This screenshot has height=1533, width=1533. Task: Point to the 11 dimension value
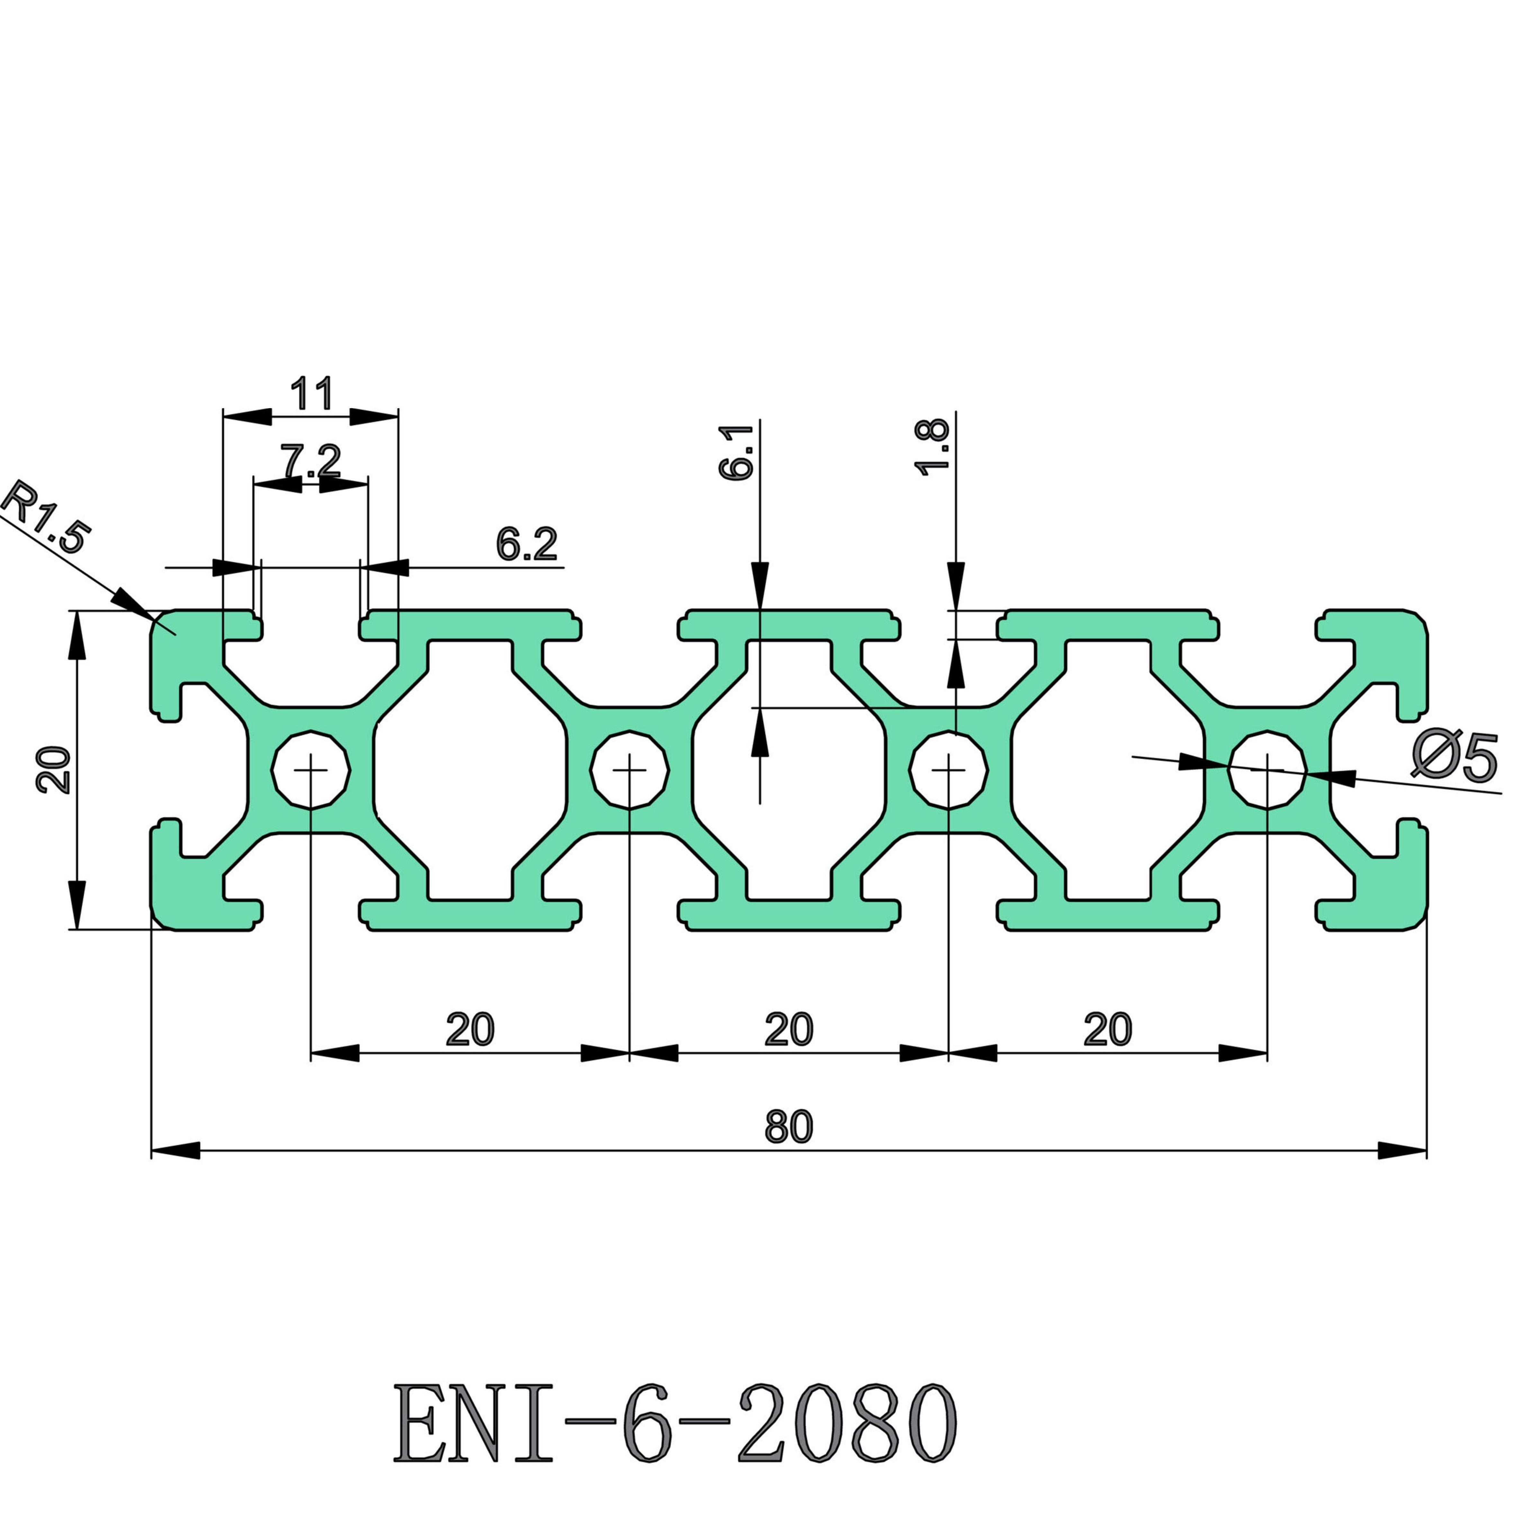(x=311, y=394)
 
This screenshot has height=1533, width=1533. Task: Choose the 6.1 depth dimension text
(x=736, y=452)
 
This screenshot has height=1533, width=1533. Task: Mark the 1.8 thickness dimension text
(x=932, y=448)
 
